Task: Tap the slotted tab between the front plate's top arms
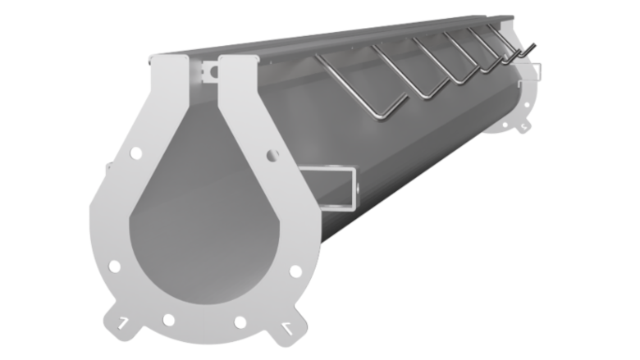click(x=209, y=74)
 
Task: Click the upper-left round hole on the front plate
click(x=136, y=153)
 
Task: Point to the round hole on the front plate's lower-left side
click(x=115, y=267)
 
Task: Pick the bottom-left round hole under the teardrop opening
click(x=168, y=320)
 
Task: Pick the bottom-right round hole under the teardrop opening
click(x=240, y=321)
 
